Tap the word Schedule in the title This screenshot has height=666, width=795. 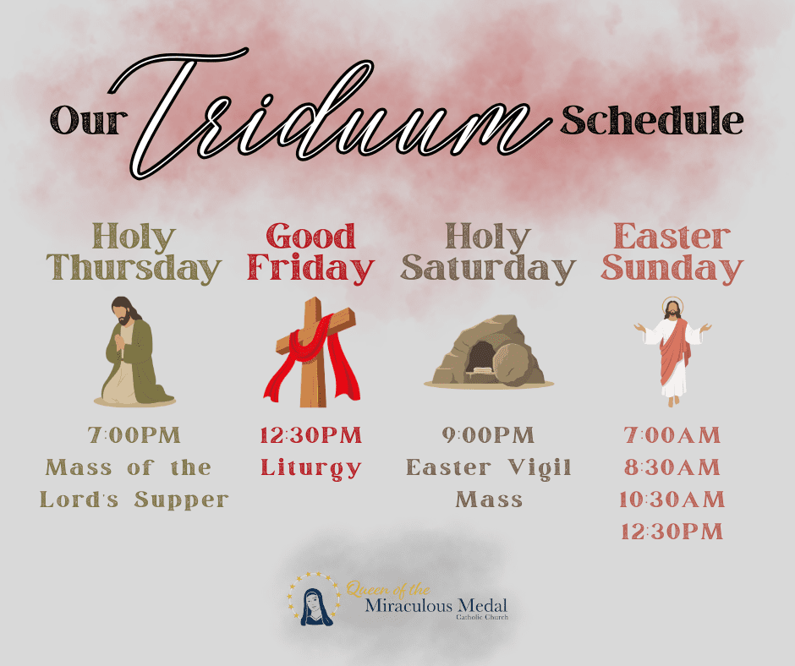tap(652, 121)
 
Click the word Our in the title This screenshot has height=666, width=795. tap(89, 121)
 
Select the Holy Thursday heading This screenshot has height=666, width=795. tap(134, 253)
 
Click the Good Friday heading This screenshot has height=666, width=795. tap(310, 253)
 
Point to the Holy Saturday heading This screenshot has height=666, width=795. tap(488, 253)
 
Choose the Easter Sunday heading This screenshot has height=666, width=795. tap(672, 253)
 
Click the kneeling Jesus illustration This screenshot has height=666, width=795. tap(134, 352)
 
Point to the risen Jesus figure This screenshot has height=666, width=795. tap(673, 352)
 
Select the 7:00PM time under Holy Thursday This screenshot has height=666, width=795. tap(134, 435)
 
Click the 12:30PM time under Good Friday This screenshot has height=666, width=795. tap(310, 435)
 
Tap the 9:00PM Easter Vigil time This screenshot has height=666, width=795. tap(488, 435)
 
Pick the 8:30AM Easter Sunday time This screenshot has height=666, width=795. tap(672, 467)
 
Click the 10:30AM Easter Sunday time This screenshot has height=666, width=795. tap(672, 499)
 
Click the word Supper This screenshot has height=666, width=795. tap(182, 501)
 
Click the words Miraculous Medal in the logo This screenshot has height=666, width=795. tap(436, 606)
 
